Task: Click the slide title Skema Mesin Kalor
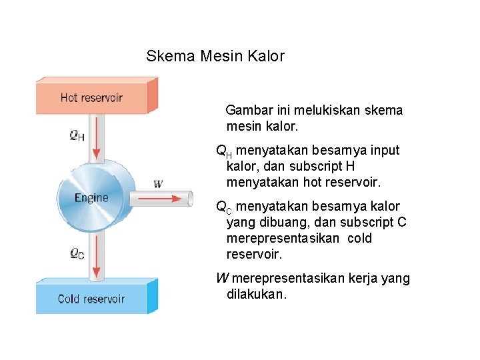coord(215,56)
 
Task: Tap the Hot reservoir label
coord(91,98)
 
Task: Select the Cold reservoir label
coord(91,299)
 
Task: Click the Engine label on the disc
coord(91,198)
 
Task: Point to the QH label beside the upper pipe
coord(77,135)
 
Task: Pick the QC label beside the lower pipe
coord(77,254)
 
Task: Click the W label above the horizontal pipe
coord(158,183)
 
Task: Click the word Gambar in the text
coord(248,111)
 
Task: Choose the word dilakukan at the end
coord(257,295)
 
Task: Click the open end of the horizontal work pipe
coord(190,198)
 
